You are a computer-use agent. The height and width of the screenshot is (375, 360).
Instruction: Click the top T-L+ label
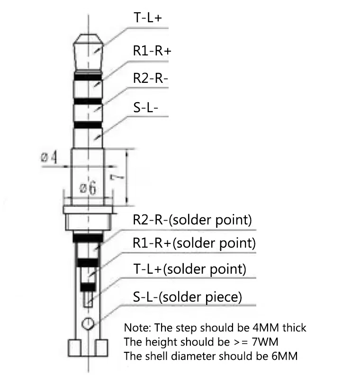pos(148,17)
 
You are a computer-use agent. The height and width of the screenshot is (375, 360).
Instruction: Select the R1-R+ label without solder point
pos(152,51)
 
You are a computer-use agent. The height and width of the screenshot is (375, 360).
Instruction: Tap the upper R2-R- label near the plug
pos(151,78)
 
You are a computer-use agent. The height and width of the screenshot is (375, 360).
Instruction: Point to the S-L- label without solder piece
pos(146,107)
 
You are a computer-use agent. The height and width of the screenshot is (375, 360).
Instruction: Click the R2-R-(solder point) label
pos(192,220)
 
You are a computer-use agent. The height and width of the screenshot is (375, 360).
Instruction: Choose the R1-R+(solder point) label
pos(194,243)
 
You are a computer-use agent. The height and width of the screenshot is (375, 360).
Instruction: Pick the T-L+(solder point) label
pos(189,269)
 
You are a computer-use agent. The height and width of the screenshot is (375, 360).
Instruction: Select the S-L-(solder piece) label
pos(188,297)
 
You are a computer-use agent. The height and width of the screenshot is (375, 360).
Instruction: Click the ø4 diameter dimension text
pos(49,157)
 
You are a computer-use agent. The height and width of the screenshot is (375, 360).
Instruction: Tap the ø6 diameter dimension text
pos(88,187)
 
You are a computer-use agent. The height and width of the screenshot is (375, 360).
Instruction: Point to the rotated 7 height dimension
pos(117,177)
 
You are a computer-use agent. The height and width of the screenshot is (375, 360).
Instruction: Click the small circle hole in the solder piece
pos(88,323)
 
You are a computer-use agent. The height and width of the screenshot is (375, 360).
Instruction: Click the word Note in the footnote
pos(137,328)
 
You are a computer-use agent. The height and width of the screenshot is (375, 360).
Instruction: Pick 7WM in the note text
pos(265,342)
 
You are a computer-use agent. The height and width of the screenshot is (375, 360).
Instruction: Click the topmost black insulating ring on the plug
pos(88,77)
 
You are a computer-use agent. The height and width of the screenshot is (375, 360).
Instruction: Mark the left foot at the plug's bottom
pos(74,348)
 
